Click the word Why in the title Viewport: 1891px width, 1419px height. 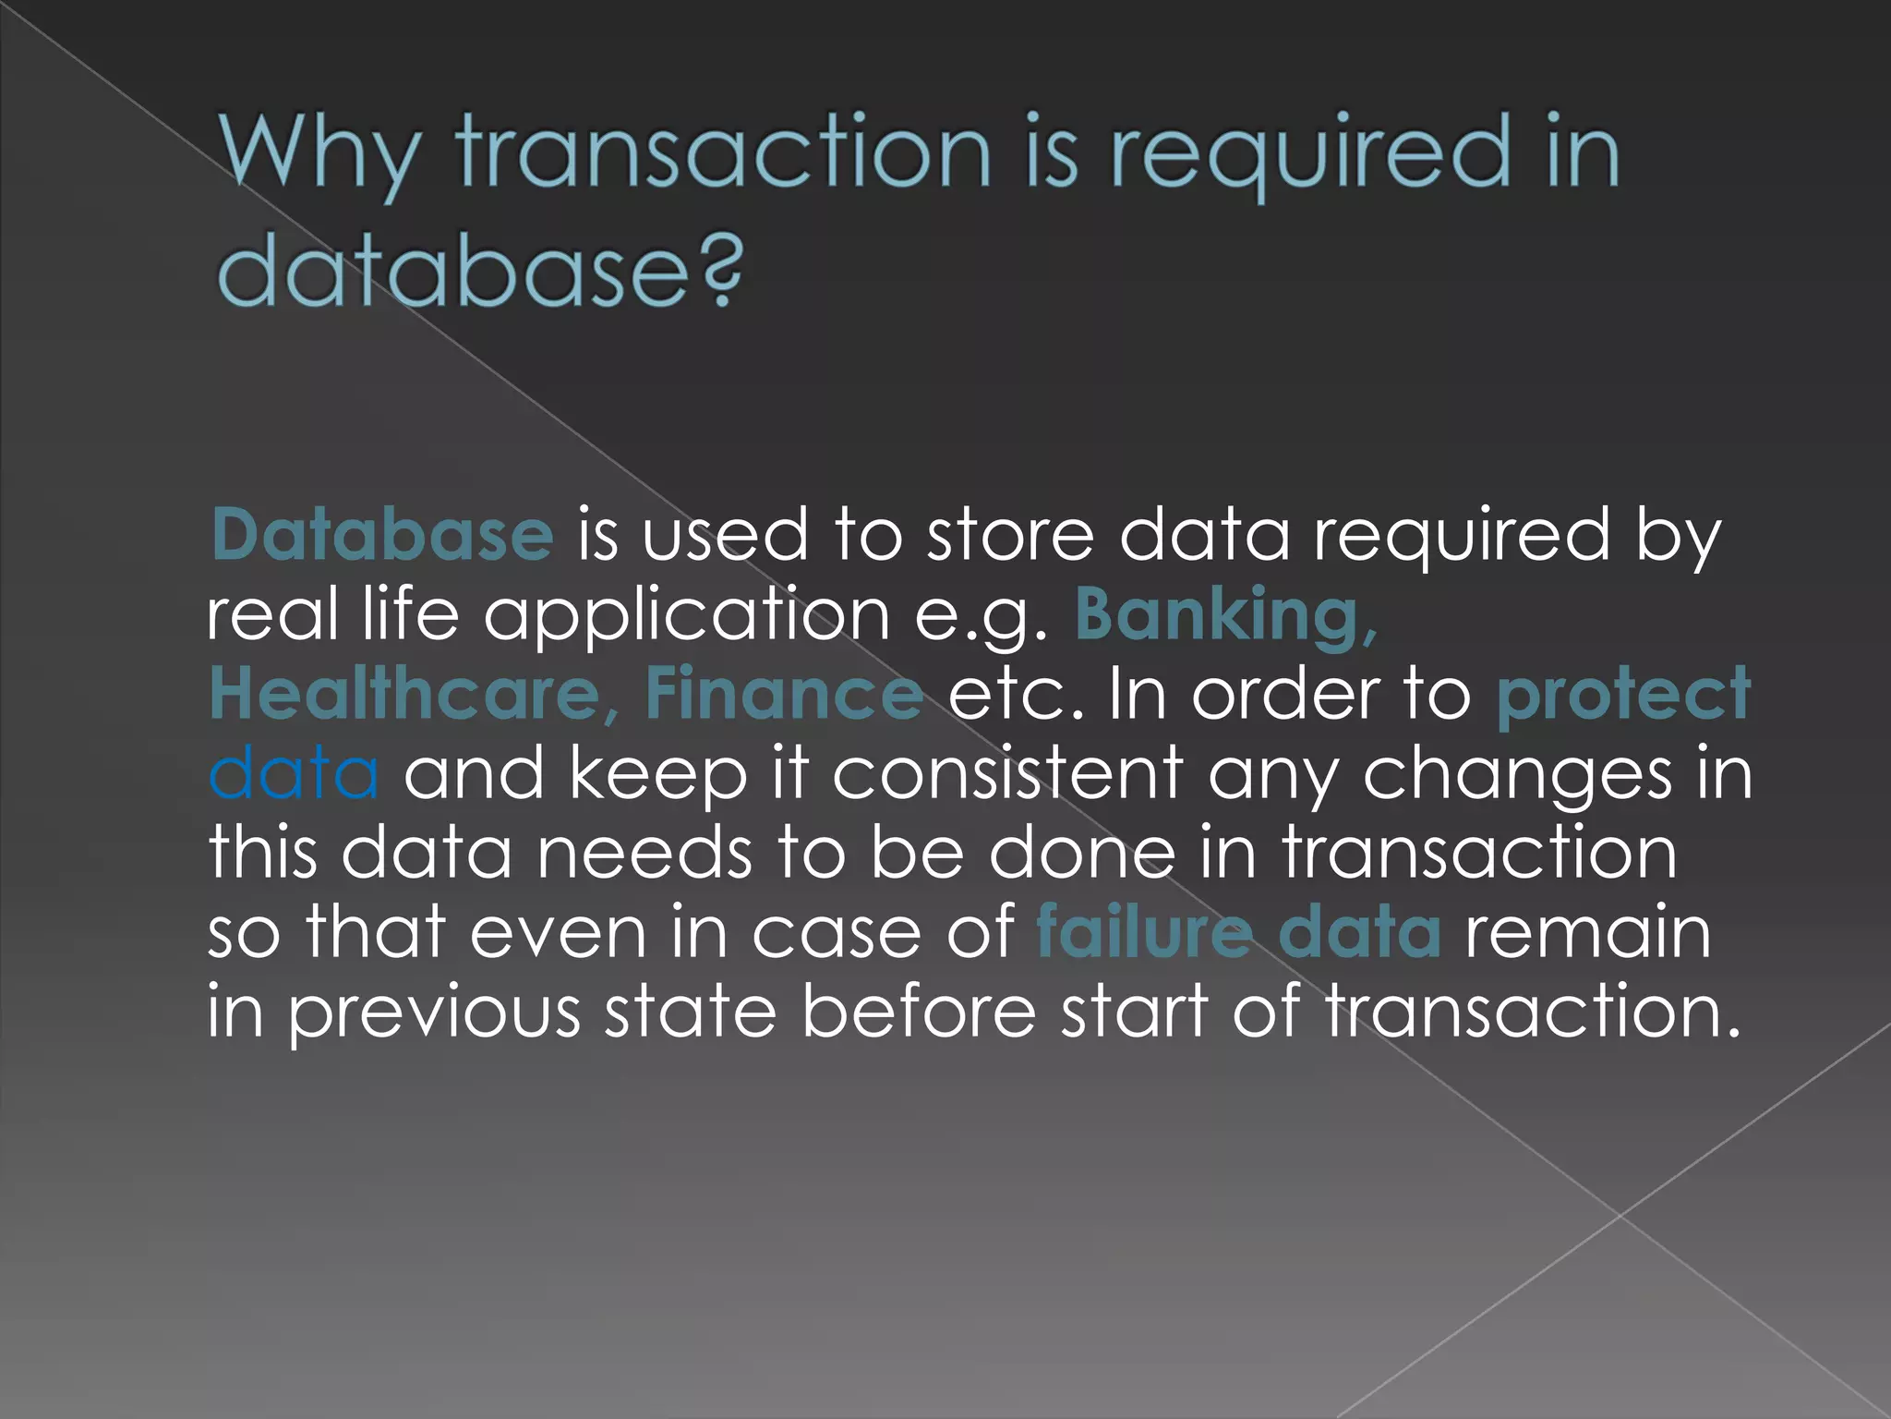coord(319,152)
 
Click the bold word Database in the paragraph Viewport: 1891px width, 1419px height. coord(382,535)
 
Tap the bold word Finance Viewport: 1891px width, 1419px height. coord(784,694)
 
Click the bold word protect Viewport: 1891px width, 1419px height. coord(1622,694)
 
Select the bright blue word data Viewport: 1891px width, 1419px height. coord(294,773)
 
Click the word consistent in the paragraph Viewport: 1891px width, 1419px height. coord(1007,773)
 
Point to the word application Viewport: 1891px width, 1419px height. coord(687,617)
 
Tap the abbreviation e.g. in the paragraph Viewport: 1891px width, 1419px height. coord(982,617)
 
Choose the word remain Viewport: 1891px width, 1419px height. coord(1588,932)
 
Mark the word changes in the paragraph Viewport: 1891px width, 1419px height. coord(1516,773)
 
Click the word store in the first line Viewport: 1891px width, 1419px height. coord(1010,535)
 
